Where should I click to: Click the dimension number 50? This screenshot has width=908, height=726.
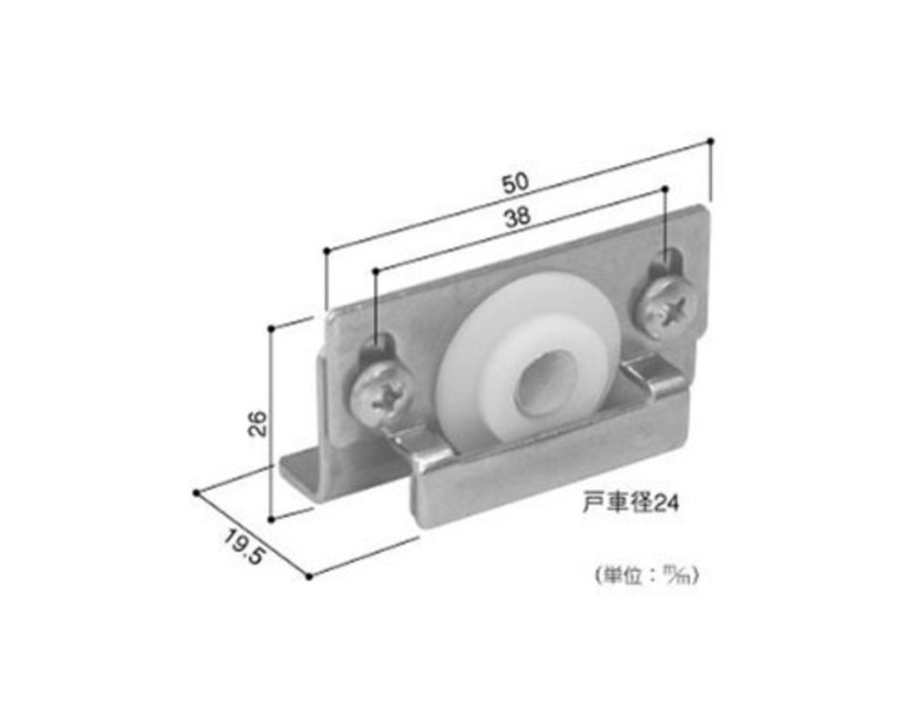(x=515, y=183)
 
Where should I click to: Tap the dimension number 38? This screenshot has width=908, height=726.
(x=518, y=217)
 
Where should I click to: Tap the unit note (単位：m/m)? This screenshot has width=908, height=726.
(x=647, y=576)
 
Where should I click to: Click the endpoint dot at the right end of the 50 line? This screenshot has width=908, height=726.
(x=710, y=141)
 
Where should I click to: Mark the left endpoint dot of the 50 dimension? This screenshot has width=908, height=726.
(x=326, y=251)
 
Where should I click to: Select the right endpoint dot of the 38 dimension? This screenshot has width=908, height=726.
(x=665, y=189)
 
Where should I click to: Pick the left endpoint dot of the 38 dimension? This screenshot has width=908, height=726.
(x=375, y=270)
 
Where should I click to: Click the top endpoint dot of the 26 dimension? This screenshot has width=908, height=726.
(x=272, y=328)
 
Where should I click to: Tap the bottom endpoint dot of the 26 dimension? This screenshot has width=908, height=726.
(x=272, y=519)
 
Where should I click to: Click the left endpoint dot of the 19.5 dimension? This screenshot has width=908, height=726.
(x=196, y=492)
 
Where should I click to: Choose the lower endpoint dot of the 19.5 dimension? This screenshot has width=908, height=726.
(x=309, y=576)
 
